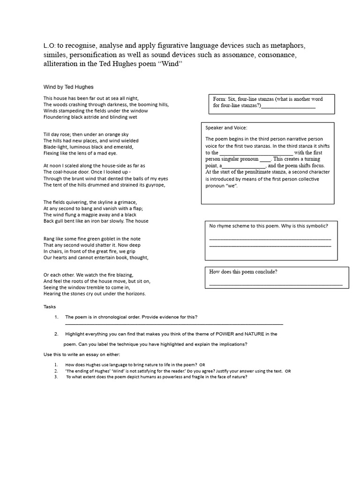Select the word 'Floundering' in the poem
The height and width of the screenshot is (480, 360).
click(x=58, y=117)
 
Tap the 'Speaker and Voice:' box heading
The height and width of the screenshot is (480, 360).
click(x=226, y=127)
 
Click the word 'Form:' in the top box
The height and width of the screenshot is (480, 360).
click(x=220, y=99)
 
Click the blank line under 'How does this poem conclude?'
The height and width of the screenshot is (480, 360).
click(x=276, y=284)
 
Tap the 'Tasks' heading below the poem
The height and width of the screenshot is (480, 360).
click(x=49, y=307)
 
